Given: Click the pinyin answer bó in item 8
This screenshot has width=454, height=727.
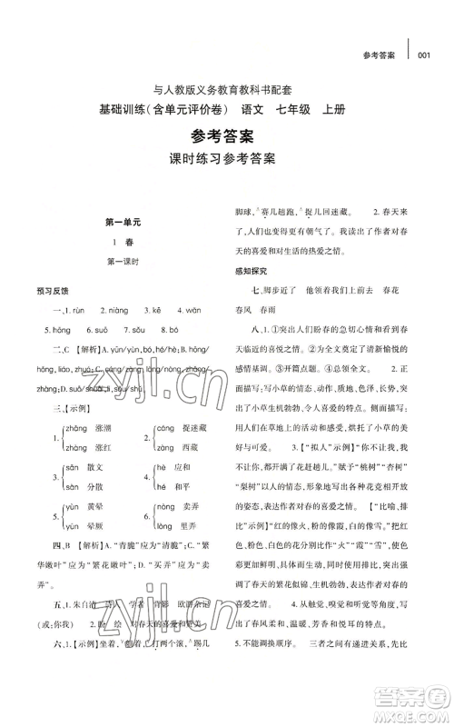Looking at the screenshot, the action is pyautogui.click(x=174, y=330).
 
